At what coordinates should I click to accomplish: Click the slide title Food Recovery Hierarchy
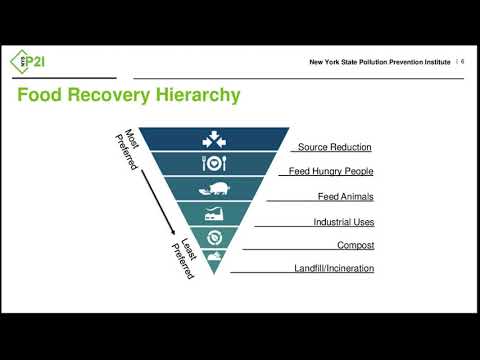click(130, 96)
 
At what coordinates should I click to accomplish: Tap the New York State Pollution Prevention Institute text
click(377, 63)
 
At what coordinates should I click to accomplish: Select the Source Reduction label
click(335, 147)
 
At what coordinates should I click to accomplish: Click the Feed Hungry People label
click(330, 172)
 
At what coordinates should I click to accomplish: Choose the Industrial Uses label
click(343, 221)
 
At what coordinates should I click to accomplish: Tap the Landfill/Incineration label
click(334, 268)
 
